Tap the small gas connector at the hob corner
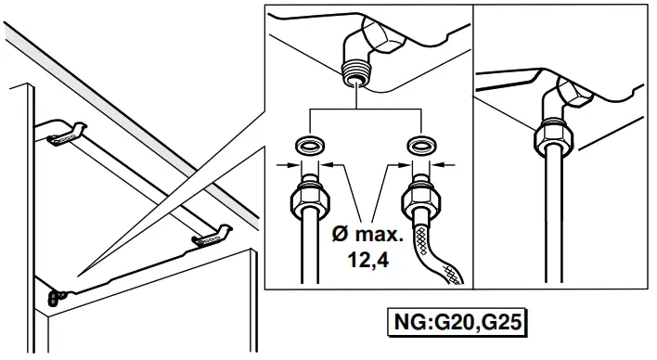coord(57,297)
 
